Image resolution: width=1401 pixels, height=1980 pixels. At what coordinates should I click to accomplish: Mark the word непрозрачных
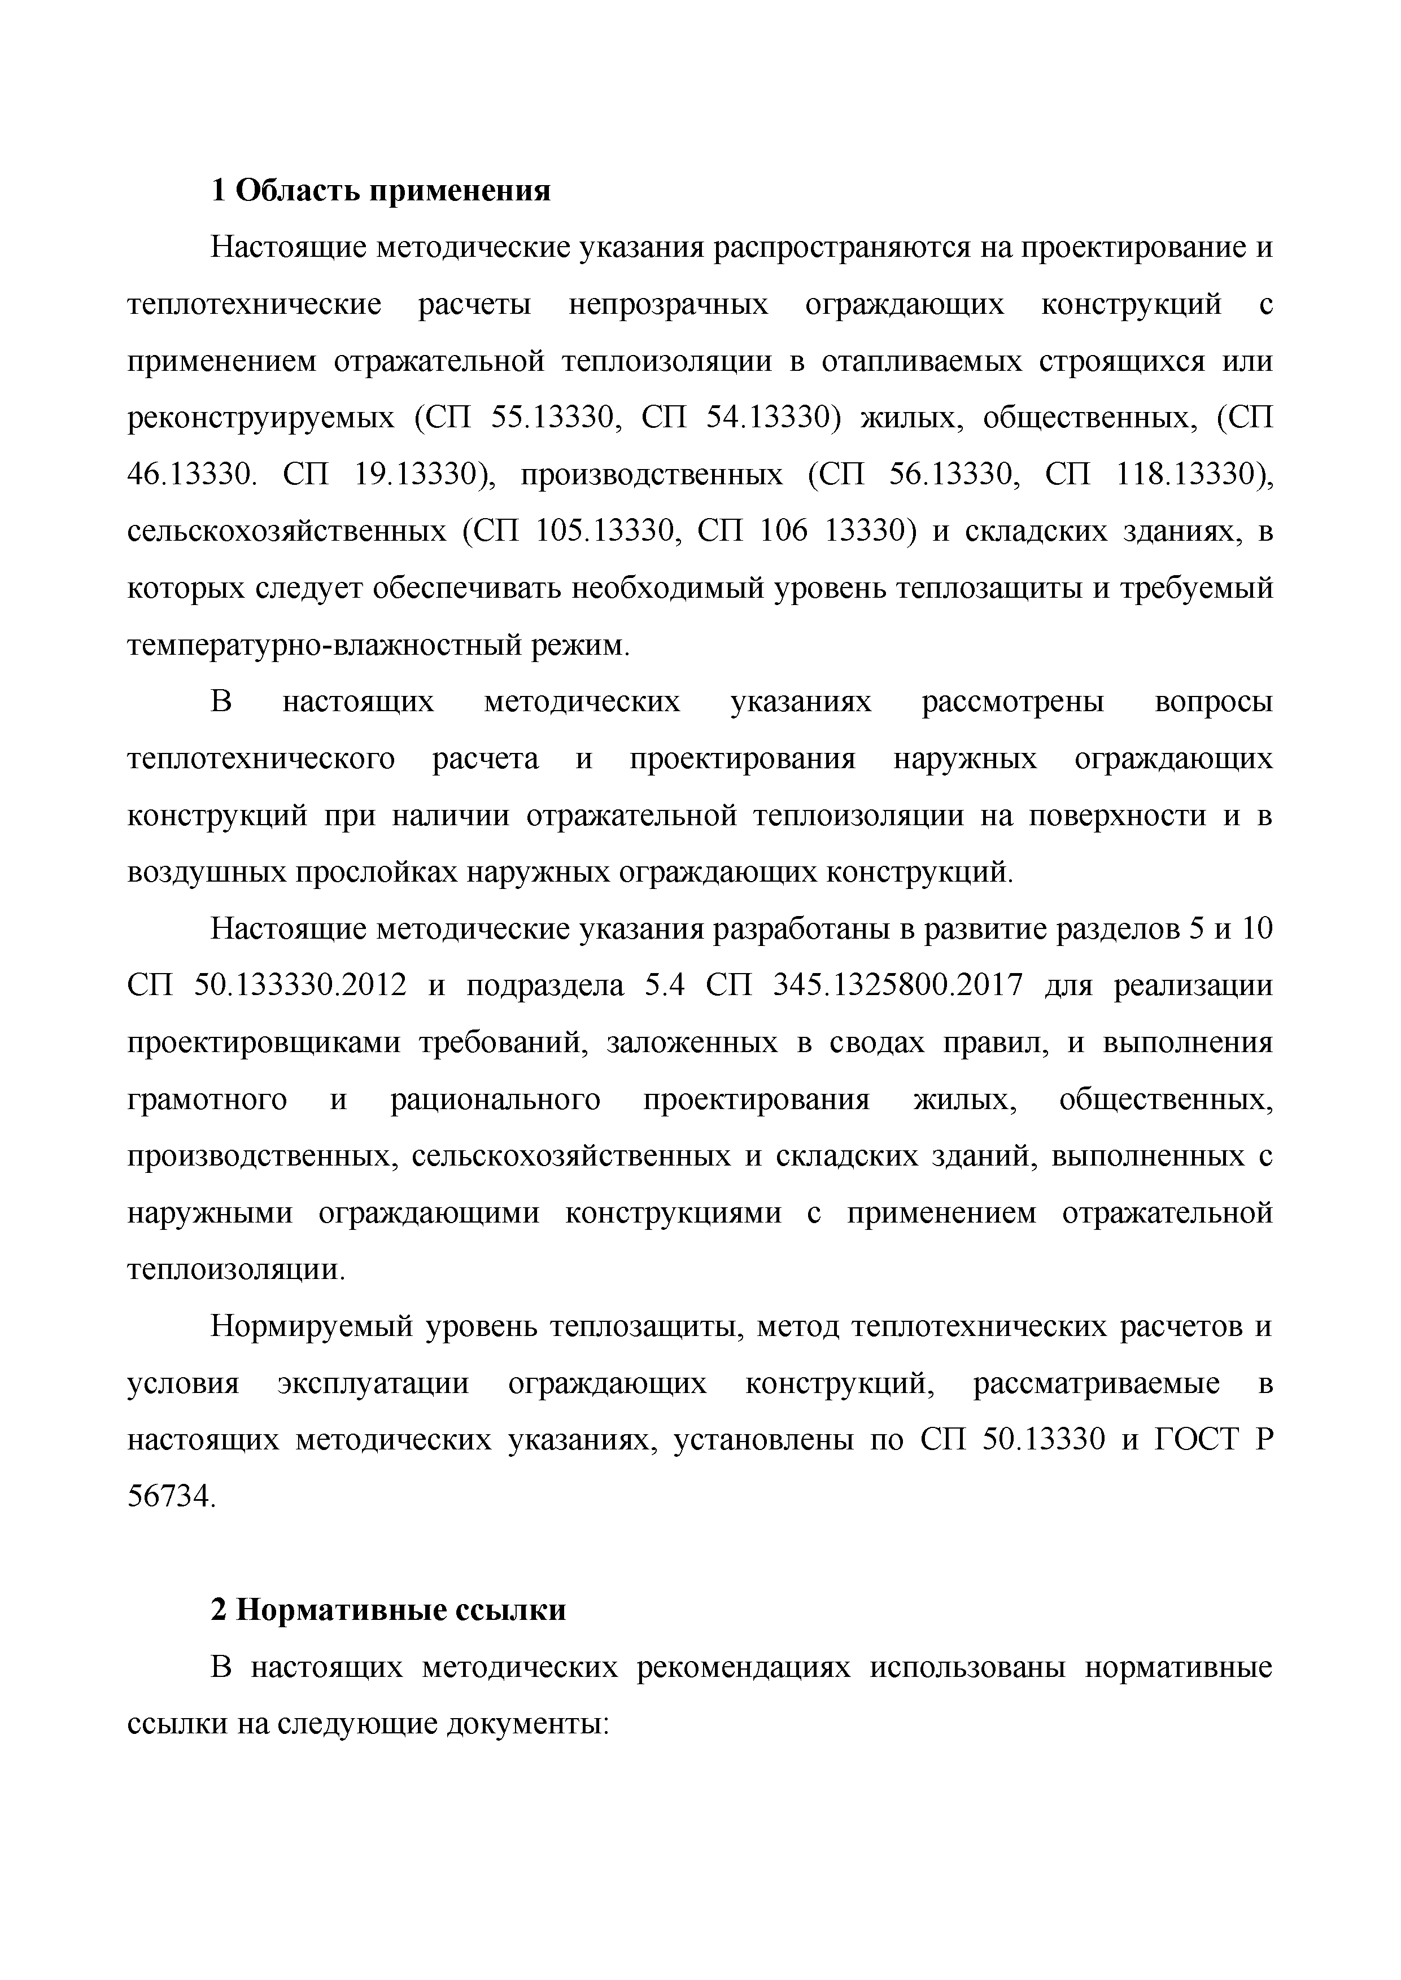(x=669, y=305)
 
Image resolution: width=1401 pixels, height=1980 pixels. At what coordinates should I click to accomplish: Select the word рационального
(x=495, y=1099)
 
